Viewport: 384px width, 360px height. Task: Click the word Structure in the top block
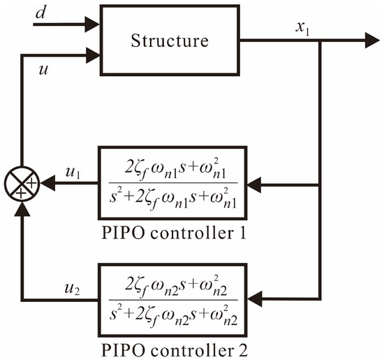[170, 40]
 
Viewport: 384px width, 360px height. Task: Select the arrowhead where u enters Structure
[93, 51]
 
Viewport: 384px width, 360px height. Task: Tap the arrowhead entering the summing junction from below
[22, 206]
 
